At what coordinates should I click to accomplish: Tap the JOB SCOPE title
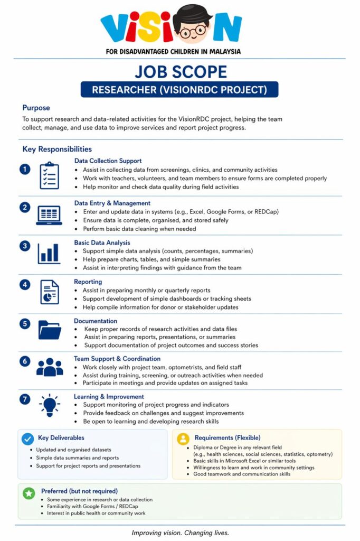[x=180, y=71]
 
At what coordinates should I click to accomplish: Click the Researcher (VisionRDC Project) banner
[x=179, y=89]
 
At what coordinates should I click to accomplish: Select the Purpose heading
[x=36, y=108]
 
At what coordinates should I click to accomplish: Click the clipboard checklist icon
[x=49, y=176]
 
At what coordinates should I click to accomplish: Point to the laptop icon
[x=49, y=215]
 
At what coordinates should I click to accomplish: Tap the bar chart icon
[x=49, y=254]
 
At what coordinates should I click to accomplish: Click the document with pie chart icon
[x=49, y=292]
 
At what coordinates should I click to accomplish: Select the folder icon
[x=49, y=330]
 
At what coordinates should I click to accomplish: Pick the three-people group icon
[x=49, y=367]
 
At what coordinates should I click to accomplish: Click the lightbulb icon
[x=49, y=405]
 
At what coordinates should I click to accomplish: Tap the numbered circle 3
[x=25, y=246]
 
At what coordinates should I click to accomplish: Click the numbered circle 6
[x=25, y=361]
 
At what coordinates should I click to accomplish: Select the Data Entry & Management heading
[x=112, y=203]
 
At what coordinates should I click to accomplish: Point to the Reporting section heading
[x=88, y=282]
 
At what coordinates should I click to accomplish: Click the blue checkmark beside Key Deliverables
[x=28, y=439]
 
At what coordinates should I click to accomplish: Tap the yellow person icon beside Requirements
[x=183, y=439]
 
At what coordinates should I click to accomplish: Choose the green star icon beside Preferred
[x=29, y=493]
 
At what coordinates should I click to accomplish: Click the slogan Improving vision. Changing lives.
[x=180, y=533]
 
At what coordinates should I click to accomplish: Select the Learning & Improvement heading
[x=109, y=396]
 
